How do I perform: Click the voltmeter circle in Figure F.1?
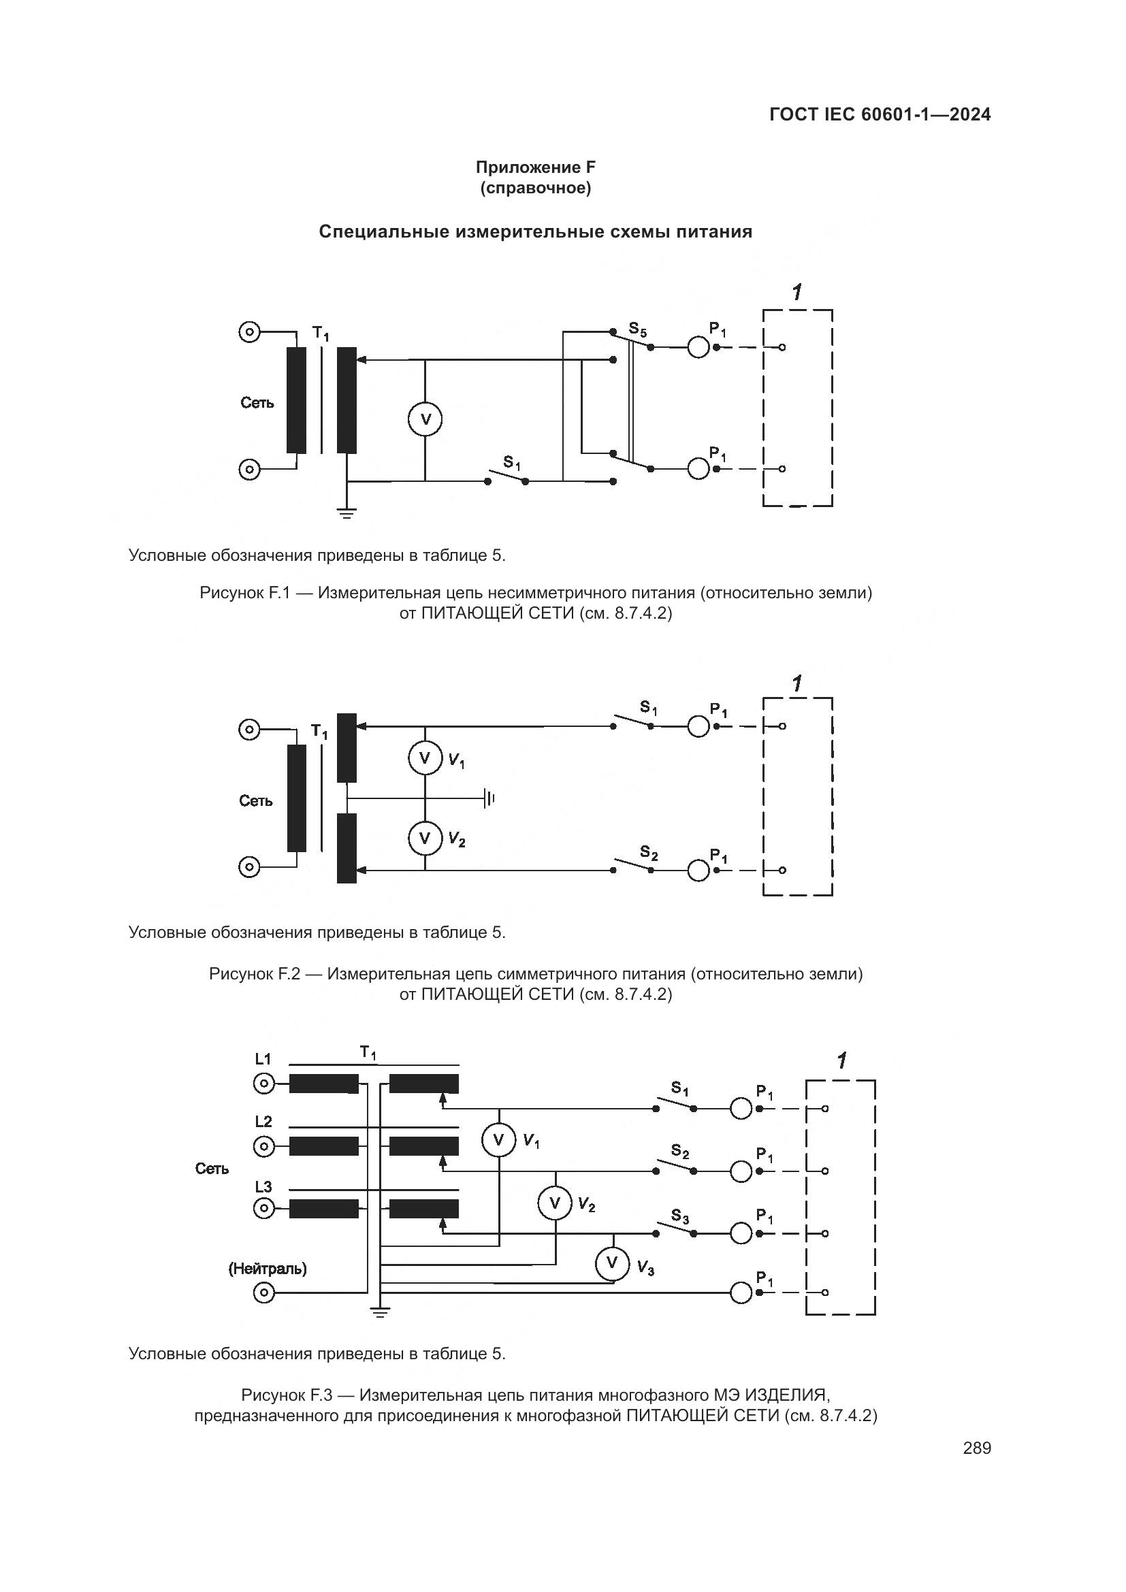[x=425, y=419]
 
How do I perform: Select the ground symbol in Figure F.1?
[x=347, y=513]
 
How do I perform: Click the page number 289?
[x=976, y=1448]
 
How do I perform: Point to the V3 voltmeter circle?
[x=612, y=1263]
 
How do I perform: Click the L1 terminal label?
[x=263, y=1059]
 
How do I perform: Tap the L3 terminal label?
[x=263, y=1187]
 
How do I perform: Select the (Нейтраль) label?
[x=268, y=1268]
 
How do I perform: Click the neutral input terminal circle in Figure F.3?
[x=264, y=1293]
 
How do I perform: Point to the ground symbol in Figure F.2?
[x=490, y=798]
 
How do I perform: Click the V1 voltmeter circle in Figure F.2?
[x=425, y=758]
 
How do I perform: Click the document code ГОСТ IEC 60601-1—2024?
[x=880, y=114]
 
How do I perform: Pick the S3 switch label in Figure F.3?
[x=680, y=1216]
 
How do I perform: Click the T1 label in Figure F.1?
[x=321, y=334]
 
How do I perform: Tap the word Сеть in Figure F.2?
[x=256, y=801]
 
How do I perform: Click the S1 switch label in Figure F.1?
[x=512, y=462]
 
